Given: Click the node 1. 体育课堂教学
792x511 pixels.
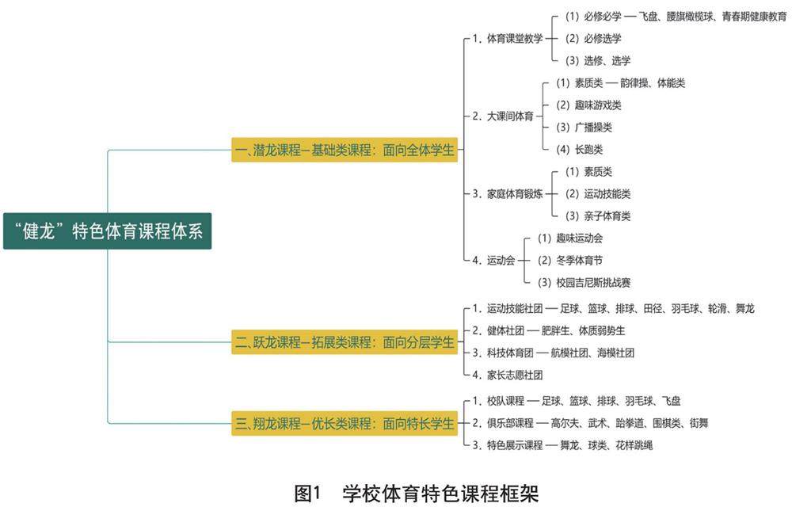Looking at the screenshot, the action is point(508,38).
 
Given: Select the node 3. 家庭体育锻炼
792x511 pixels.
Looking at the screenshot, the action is point(508,193).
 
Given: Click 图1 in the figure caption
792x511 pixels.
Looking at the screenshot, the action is point(306,494).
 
